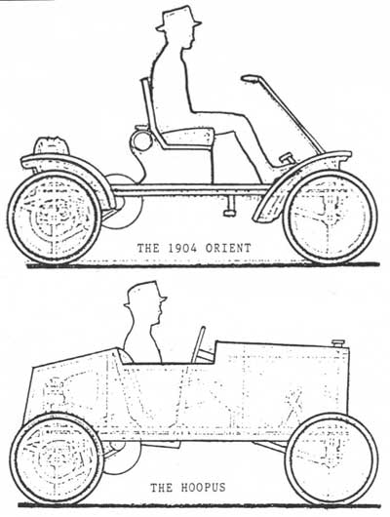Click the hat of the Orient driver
click(x=178, y=20)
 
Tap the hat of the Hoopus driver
click(x=145, y=294)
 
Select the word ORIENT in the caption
click(x=228, y=248)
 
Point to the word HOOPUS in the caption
click(x=203, y=488)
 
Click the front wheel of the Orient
click(x=330, y=217)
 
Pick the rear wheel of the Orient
click(x=54, y=218)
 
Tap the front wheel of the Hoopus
click(x=331, y=459)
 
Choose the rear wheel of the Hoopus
click(x=57, y=459)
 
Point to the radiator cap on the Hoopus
click(x=338, y=343)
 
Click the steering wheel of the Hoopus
click(x=198, y=344)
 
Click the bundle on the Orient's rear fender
click(x=52, y=145)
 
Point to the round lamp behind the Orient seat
click(x=141, y=141)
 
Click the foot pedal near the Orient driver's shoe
click(x=288, y=159)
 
